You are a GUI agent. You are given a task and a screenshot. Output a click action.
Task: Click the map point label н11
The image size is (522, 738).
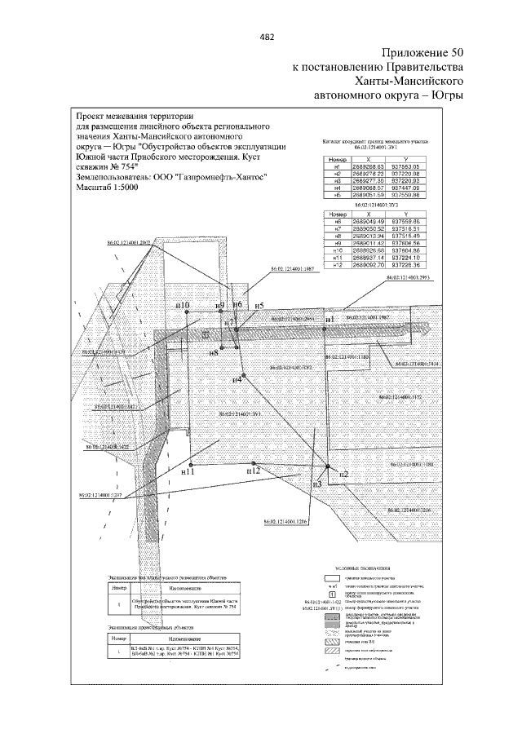point(188,471)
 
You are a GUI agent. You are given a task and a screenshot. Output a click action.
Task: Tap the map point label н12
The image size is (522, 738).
point(253,471)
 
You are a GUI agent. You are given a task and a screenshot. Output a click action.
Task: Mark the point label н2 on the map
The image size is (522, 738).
point(343,474)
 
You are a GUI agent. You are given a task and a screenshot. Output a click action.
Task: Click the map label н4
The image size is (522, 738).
point(237,378)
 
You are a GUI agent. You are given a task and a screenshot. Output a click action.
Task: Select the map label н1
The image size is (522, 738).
point(330,319)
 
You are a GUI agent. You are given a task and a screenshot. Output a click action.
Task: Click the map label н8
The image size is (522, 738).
point(213,352)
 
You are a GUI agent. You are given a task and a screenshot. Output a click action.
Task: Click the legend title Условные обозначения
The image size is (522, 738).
point(359,565)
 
